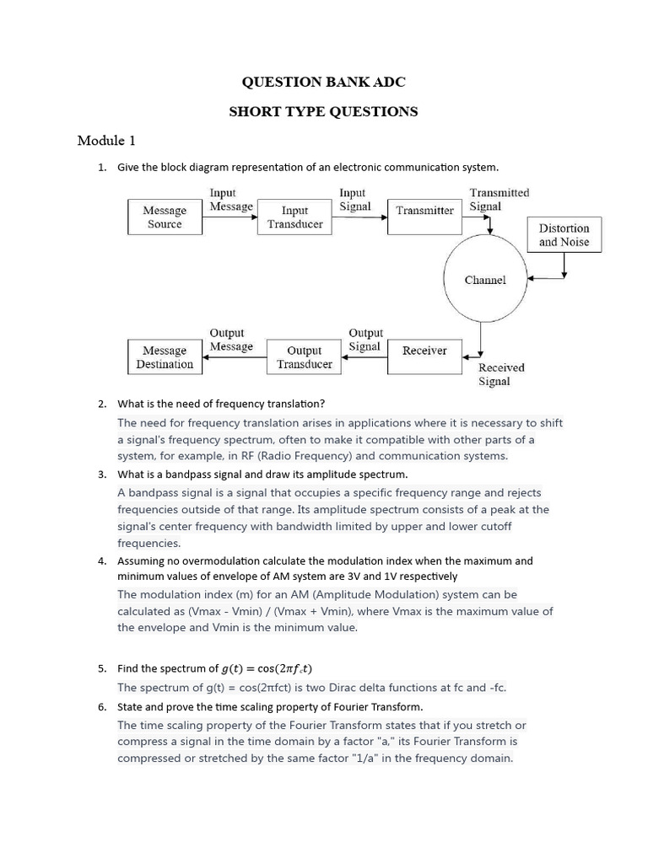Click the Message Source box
point(165,217)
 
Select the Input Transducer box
point(294,217)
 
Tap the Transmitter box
point(424,211)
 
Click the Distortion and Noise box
point(564,235)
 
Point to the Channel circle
point(485,280)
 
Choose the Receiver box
point(424,351)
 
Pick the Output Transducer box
point(304,357)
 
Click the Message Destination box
point(165,357)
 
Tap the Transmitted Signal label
point(499,199)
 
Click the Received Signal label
point(501,374)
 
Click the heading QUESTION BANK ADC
point(323,82)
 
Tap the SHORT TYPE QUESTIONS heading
point(323,111)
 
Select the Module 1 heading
point(106,140)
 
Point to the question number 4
point(101,560)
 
